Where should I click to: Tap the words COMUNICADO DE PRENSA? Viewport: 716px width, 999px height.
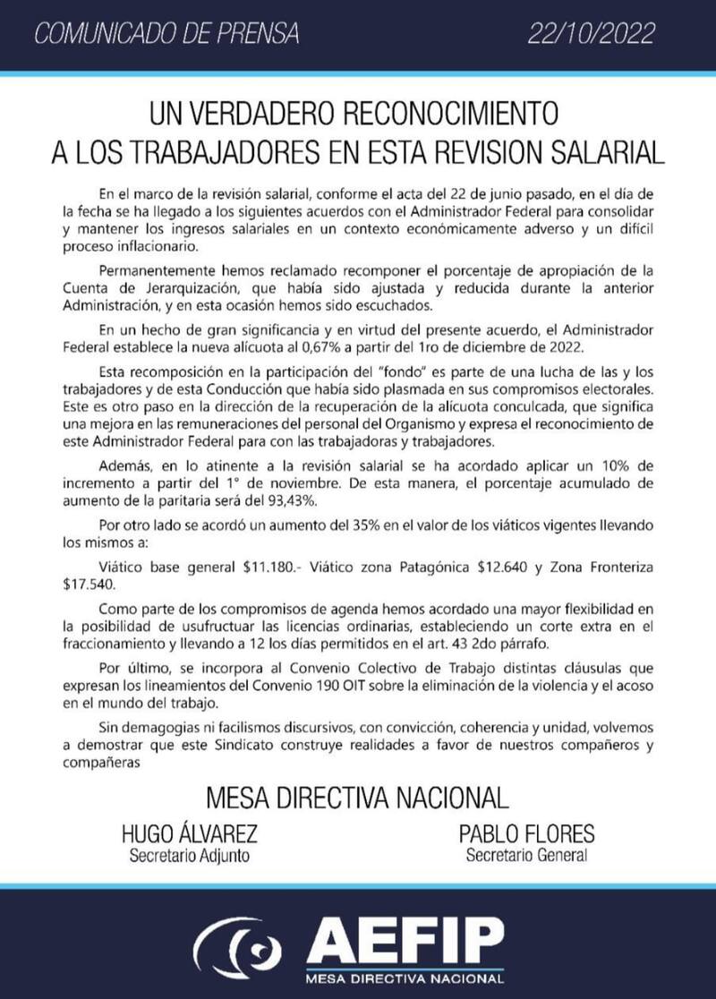(x=166, y=35)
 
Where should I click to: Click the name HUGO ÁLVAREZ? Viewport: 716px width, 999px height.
(x=189, y=835)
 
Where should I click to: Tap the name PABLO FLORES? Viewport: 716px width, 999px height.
(x=526, y=835)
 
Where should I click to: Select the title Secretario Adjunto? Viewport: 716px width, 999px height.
(x=189, y=856)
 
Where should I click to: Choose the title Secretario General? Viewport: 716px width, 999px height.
(x=526, y=856)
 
